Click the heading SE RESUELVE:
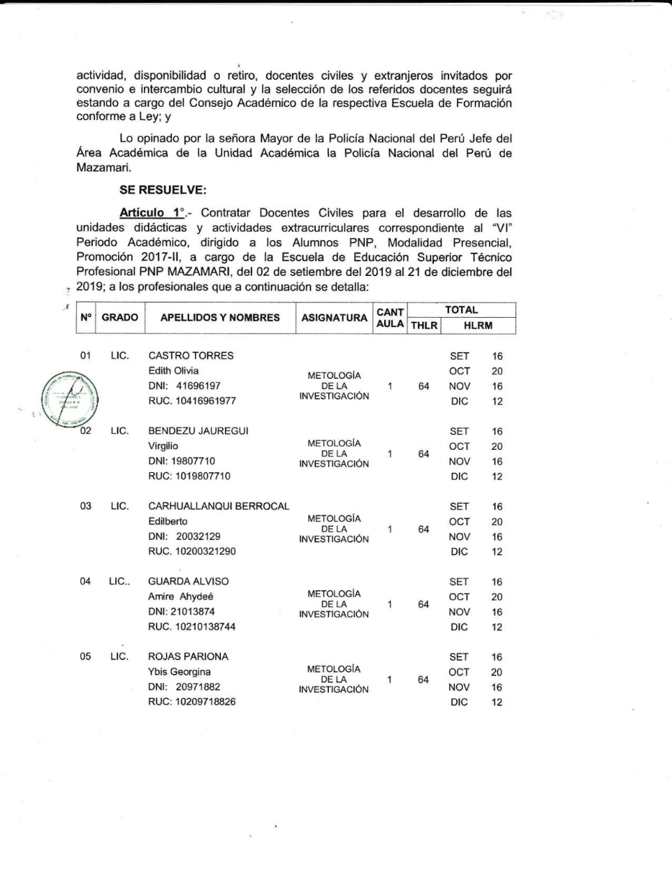(163, 189)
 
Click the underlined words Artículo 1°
(152, 213)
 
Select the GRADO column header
(119, 318)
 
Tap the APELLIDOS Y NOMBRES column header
(220, 318)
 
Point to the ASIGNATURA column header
(334, 318)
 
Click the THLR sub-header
(423, 326)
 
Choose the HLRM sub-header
(478, 326)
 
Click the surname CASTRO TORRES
(191, 356)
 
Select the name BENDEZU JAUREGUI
(198, 431)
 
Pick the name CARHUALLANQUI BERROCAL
(219, 506)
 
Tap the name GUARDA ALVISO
(189, 581)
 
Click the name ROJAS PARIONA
(189, 657)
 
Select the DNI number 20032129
(198, 536)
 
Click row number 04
(85, 581)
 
